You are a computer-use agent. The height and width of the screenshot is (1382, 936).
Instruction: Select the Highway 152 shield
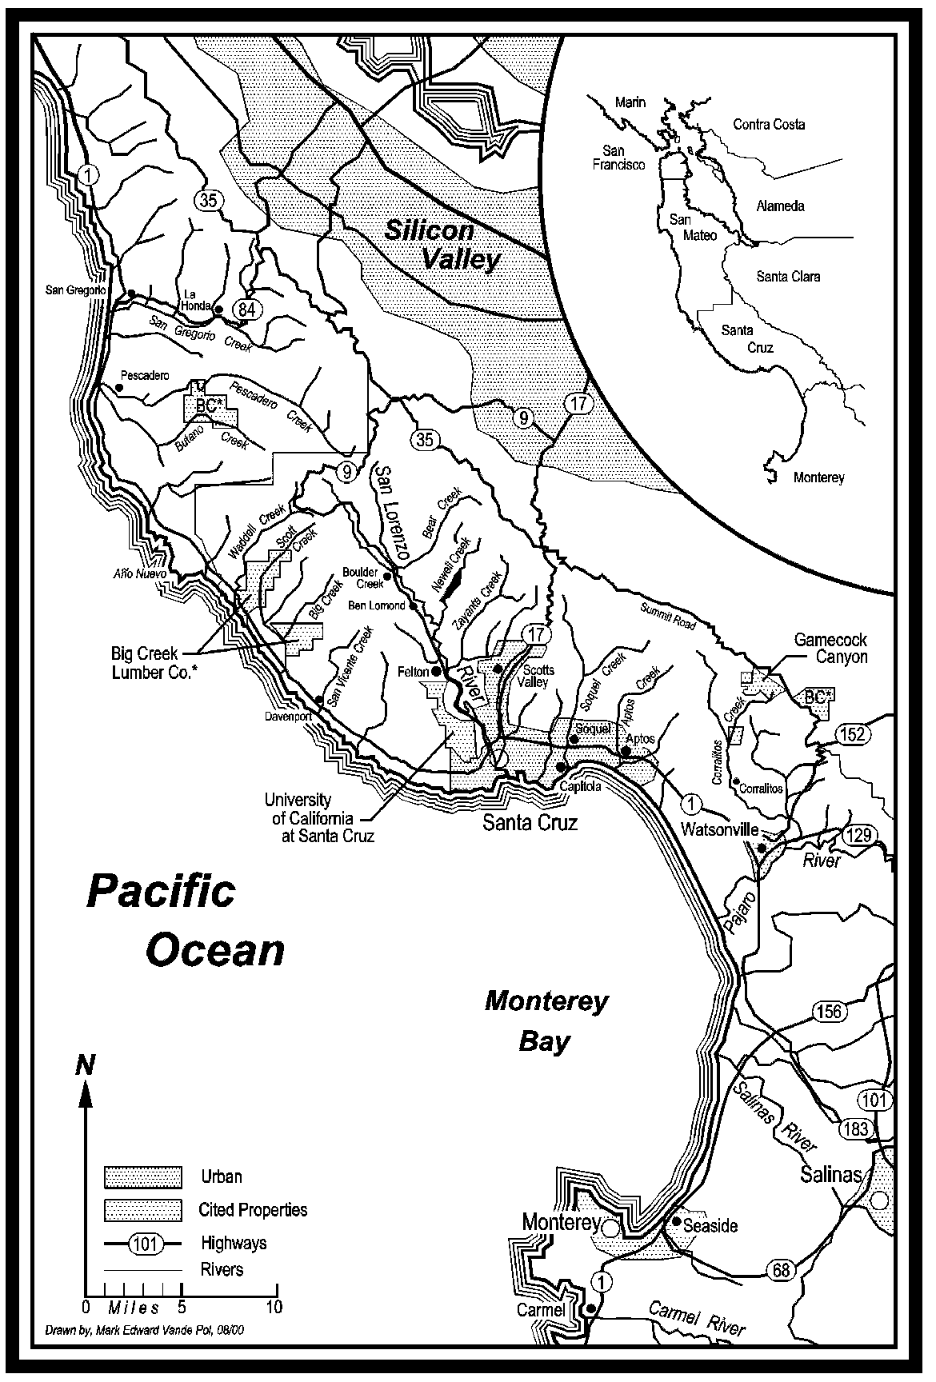coord(853,733)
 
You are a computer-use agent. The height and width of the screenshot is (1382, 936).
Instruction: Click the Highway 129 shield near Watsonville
coord(859,837)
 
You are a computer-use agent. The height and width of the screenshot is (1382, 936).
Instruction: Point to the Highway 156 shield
coord(829,1011)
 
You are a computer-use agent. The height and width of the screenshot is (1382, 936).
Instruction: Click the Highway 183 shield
coord(855,1128)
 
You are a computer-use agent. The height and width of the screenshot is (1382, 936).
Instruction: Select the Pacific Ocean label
coord(186,921)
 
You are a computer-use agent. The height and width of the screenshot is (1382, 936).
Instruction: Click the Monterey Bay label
coord(546,1021)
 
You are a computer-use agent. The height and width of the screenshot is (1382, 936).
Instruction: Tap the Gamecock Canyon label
coord(830,648)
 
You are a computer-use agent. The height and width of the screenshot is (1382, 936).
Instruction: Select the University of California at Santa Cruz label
coord(309,817)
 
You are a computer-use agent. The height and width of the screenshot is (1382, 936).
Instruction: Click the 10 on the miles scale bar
coord(274,1307)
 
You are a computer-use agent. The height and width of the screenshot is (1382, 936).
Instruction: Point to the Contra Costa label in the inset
coord(769,124)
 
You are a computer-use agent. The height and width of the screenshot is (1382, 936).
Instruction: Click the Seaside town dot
coord(677,1221)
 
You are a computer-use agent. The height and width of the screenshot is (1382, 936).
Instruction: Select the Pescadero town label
coord(145,375)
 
